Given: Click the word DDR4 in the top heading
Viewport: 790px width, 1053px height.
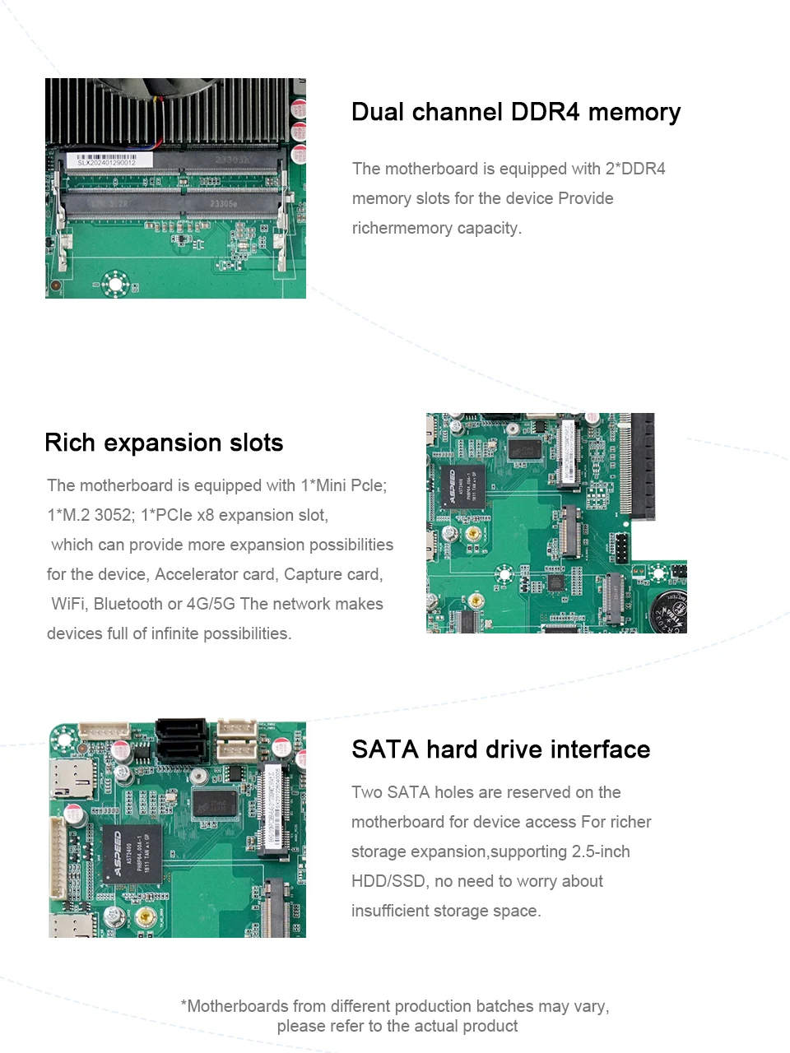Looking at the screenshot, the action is [x=545, y=112].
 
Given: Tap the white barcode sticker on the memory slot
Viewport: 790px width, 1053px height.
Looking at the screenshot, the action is [x=107, y=160].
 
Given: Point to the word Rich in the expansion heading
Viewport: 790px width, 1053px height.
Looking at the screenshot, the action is [x=70, y=443].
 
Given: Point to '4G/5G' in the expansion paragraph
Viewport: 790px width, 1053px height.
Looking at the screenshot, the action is [x=211, y=604].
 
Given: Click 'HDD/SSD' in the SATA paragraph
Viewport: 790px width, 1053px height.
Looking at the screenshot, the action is [x=388, y=881].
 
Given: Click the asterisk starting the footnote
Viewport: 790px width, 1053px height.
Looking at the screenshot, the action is [x=184, y=1005].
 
